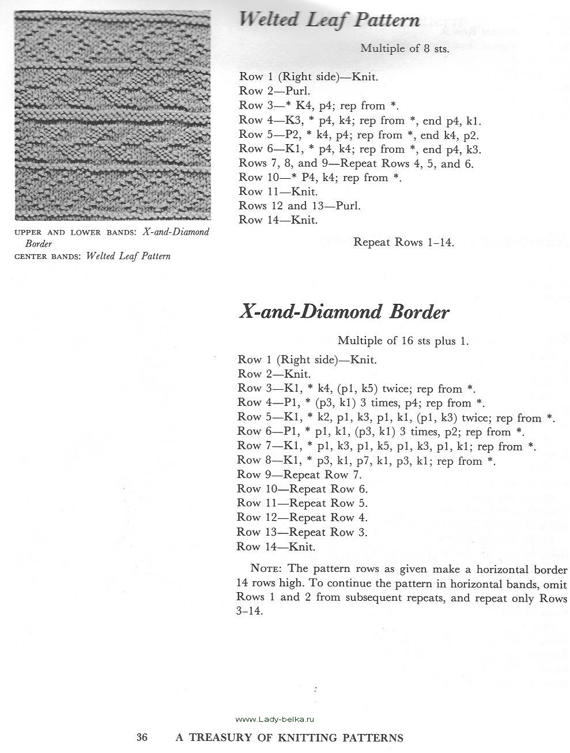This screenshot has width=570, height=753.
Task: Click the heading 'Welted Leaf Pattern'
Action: click(x=329, y=21)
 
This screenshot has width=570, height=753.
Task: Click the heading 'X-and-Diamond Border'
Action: click(x=343, y=312)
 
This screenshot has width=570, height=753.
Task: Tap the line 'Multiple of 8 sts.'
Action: click(x=405, y=48)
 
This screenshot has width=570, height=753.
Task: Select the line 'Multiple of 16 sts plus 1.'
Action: click(x=403, y=341)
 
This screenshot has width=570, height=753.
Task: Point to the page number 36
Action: click(x=143, y=737)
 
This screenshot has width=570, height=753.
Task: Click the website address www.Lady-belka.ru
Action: click(x=277, y=719)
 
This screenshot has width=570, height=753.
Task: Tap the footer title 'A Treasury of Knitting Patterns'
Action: click(x=289, y=737)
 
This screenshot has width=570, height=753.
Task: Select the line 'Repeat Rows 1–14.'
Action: click(x=404, y=242)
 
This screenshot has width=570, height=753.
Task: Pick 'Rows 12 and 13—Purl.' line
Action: click(x=300, y=206)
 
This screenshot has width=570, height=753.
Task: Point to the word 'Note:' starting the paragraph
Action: click(x=265, y=568)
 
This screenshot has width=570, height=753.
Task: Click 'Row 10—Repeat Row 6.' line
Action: click(x=302, y=489)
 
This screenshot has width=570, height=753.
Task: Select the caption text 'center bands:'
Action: click(x=47, y=257)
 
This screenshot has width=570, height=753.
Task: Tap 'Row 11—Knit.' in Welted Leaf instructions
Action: click(x=277, y=191)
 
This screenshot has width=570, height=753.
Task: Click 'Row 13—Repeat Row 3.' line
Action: click(x=302, y=532)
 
